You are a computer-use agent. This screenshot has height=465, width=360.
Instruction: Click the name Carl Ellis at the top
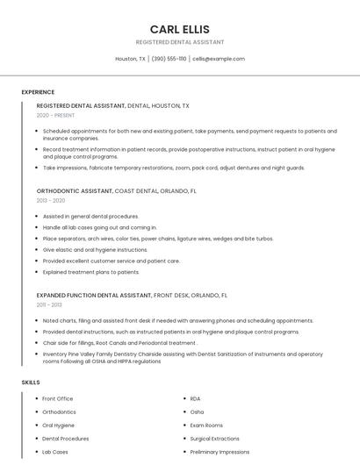point(180,29)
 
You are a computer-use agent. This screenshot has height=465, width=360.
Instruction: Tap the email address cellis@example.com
point(219,59)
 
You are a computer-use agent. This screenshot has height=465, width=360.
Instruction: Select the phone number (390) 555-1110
point(169,59)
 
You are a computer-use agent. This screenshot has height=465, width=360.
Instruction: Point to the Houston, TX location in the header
point(131,59)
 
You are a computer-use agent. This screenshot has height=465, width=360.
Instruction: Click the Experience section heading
point(38,91)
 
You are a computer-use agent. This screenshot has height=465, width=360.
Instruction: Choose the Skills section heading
point(31,383)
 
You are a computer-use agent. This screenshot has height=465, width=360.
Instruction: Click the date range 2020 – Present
point(55,115)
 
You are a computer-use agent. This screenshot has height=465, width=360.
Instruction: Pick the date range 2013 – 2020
point(51,200)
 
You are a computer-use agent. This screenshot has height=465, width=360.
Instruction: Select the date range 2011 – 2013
point(49,304)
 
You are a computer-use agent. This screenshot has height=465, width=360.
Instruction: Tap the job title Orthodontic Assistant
point(75,190)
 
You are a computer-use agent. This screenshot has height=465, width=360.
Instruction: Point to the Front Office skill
point(58,398)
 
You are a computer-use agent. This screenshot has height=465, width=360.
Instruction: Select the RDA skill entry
point(195,398)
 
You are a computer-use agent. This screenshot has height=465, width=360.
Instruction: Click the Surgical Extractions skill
point(214,438)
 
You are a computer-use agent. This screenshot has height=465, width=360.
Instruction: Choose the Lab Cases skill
point(55,451)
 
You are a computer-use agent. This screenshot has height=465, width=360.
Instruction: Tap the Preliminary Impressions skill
point(220,451)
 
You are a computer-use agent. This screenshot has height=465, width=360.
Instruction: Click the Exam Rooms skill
point(206,425)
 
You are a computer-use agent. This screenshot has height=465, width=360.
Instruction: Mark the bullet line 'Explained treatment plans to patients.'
point(90,272)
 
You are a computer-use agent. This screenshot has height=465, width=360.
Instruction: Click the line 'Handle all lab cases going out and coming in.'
point(99,227)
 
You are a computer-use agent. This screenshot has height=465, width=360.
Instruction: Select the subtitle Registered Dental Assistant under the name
point(180,42)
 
